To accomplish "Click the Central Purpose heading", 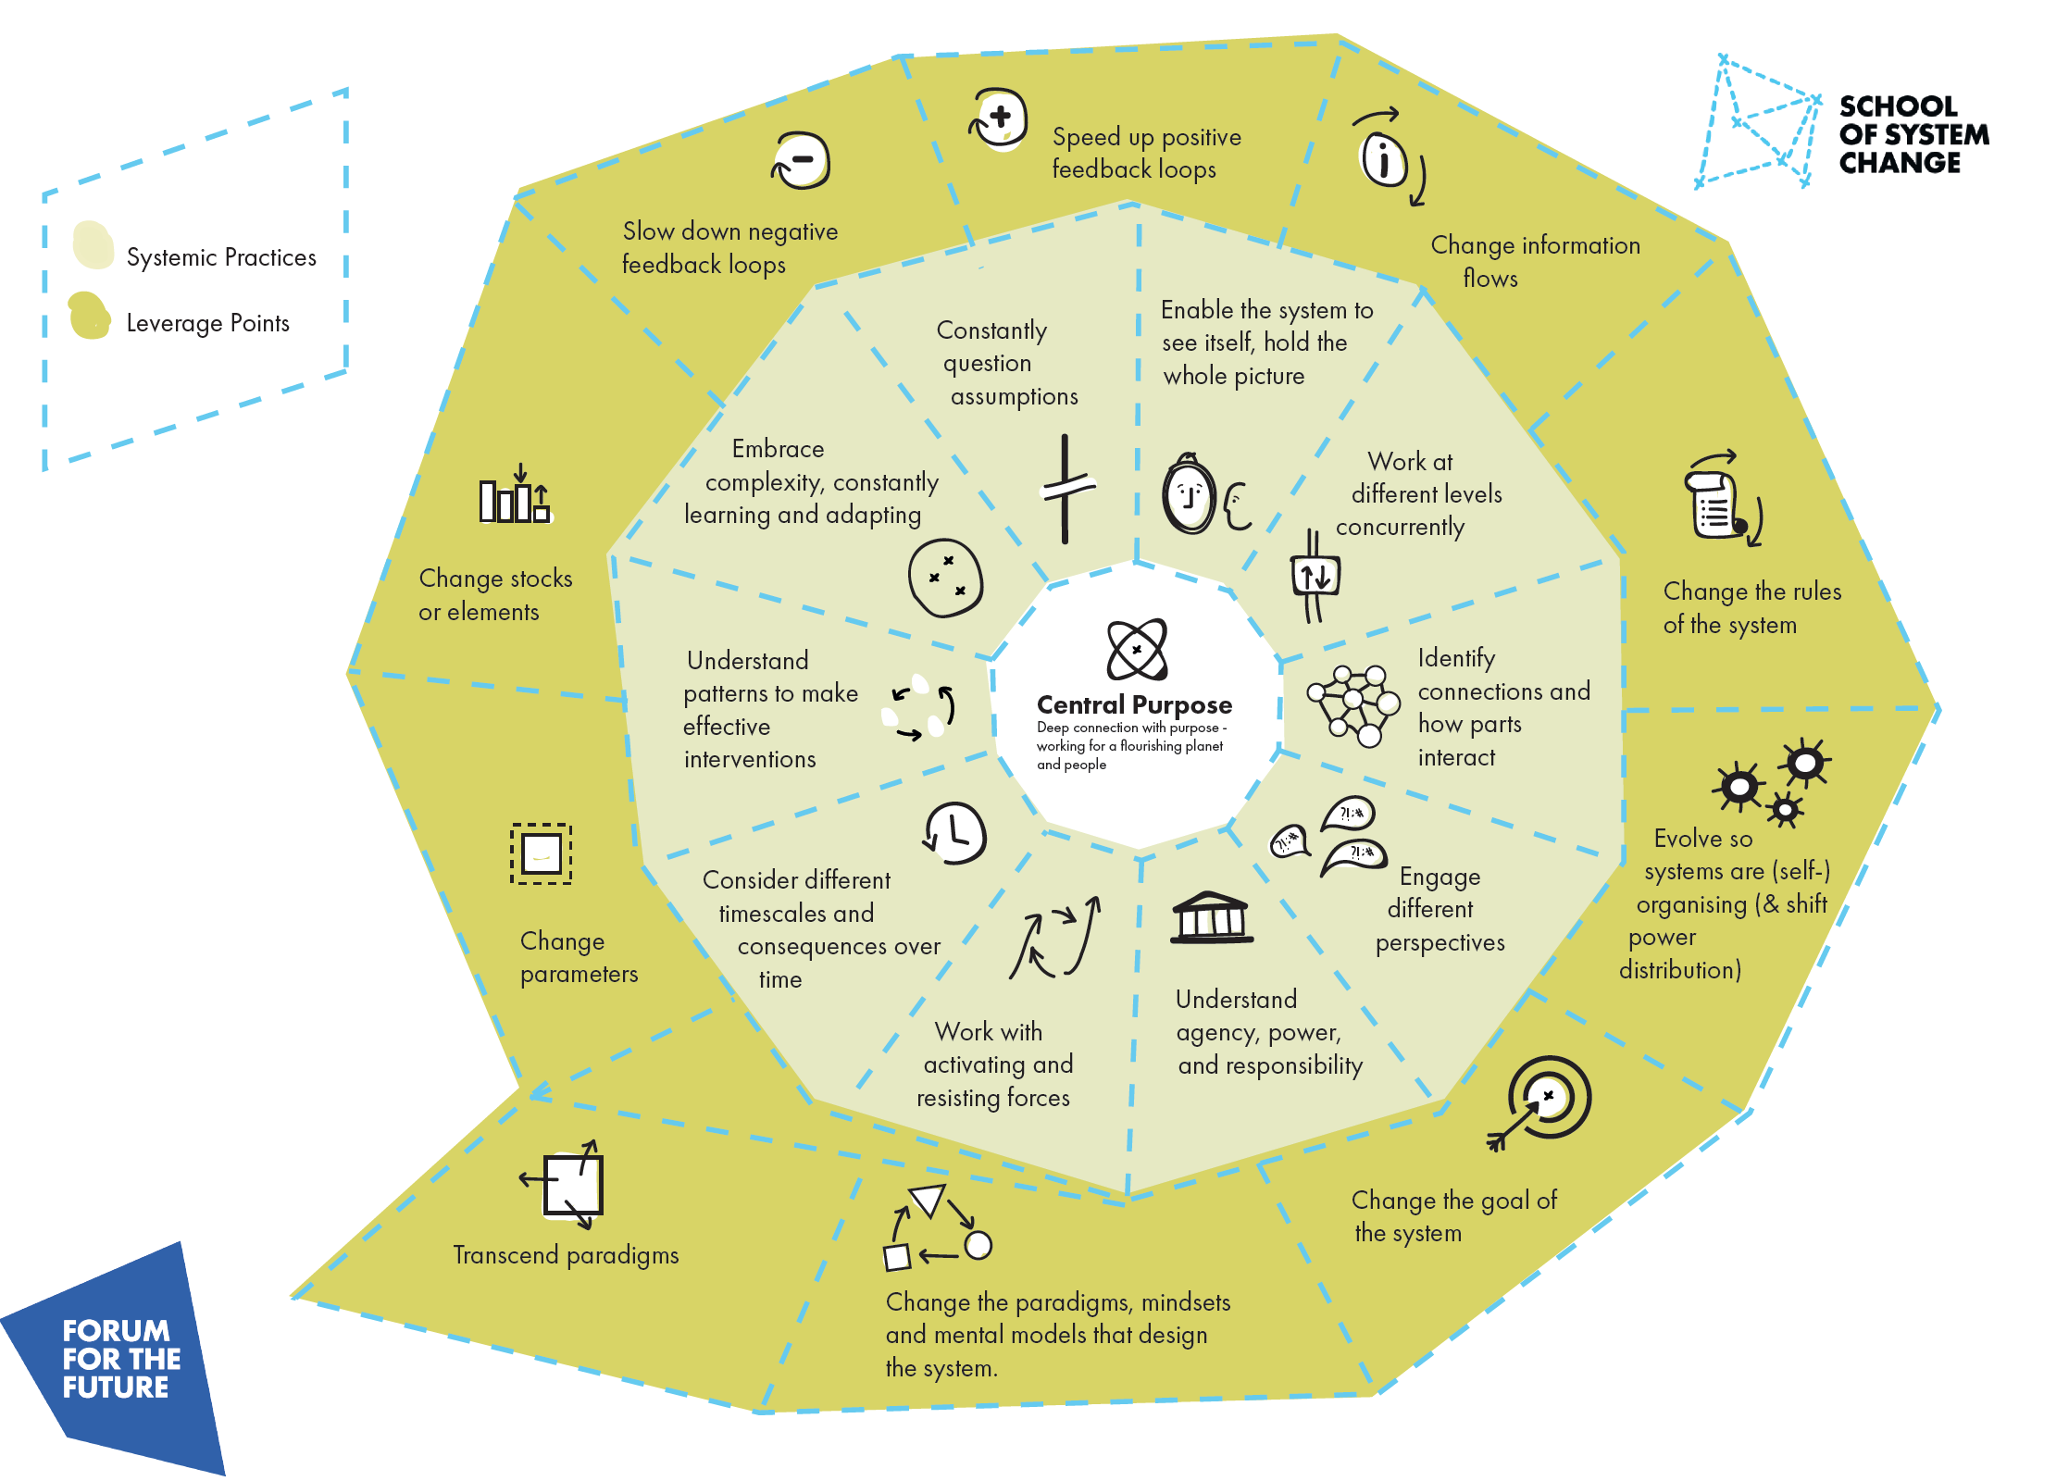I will (x=1134, y=705).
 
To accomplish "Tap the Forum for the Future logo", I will (x=117, y=1359).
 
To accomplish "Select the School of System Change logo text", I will (x=1913, y=135).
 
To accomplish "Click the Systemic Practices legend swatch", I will (x=93, y=245).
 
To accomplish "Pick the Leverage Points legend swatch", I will (x=90, y=316).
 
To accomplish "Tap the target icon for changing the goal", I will (x=1547, y=1098).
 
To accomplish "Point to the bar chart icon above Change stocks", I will (x=515, y=497).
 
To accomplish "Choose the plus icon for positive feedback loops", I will (x=999, y=119).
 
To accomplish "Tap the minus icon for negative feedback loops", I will (x=802, y=161).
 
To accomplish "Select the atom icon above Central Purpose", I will (x=1137, y=649).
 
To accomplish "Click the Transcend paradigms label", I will (x=566, y=1255).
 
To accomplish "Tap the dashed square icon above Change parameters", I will (x=541, y=853).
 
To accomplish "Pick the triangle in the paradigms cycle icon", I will (x=929, y=1200).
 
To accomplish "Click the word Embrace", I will (x=778, y=449).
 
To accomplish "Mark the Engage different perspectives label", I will (x=1440, y=909).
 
